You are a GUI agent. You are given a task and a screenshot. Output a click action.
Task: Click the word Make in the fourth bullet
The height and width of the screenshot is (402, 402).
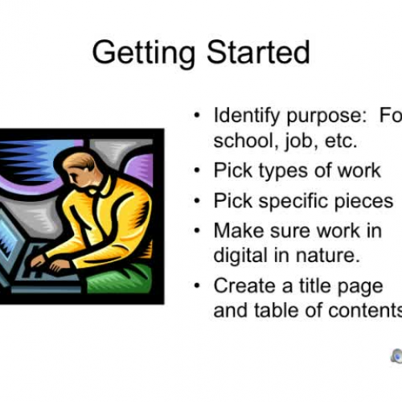(x=235, y=231)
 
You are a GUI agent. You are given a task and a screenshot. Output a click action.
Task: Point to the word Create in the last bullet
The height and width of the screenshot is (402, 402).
(x=241, y=285)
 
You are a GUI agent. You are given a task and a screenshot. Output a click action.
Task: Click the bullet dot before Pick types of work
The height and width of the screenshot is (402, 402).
(x=198, y=171)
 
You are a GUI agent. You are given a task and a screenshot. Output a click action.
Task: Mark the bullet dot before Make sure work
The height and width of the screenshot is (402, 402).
(x=198, y=231)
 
